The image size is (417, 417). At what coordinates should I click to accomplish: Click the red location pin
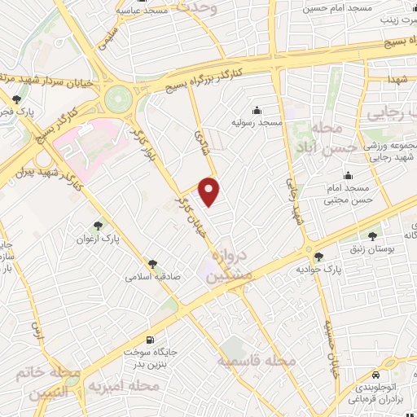210,190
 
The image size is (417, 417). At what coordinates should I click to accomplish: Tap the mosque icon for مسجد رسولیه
257,110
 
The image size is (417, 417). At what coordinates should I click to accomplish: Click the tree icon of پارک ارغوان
99,224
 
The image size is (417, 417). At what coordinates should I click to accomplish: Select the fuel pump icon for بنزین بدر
148,340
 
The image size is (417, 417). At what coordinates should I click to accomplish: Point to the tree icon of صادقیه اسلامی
151,262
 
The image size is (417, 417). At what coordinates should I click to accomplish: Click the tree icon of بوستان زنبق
373,236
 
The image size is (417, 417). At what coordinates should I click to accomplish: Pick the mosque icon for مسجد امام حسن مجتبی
349,175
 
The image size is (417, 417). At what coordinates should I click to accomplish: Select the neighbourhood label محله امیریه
122,383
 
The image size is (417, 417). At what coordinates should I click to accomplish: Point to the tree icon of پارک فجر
17,100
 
